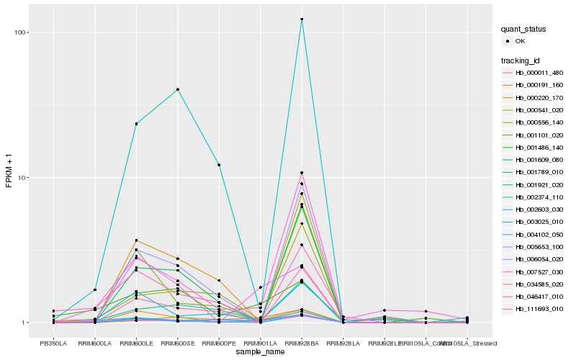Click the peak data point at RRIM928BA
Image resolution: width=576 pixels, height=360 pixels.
pos(302,19)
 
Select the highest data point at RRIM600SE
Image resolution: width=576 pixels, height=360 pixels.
pos(178,89)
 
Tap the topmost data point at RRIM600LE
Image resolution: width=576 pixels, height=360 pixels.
pos(136,124)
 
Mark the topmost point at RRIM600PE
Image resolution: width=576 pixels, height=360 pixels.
pos(219,165)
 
